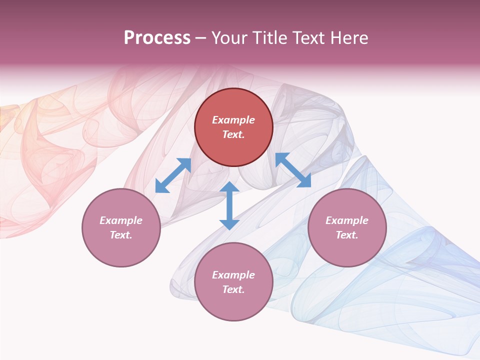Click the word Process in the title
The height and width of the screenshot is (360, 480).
157,38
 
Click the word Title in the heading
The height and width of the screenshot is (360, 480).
270,38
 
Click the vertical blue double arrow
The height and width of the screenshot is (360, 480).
229,205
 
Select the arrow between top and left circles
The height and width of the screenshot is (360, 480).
173,175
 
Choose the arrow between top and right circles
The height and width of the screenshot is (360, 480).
293,170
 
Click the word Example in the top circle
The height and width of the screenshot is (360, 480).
233,120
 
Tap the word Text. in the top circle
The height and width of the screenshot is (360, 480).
233,134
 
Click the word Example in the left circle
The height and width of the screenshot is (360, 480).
121,220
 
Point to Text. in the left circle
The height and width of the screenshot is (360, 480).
121,235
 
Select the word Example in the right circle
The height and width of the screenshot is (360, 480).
347,220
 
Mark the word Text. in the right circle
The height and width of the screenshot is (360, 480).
347,235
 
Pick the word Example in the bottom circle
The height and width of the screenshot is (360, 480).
233,275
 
